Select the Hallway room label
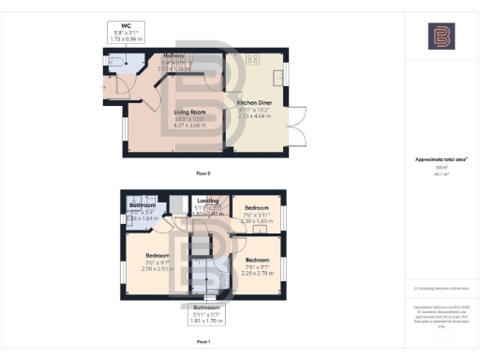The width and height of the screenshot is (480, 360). pos(174,57)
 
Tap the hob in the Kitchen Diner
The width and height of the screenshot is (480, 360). pos(251,59)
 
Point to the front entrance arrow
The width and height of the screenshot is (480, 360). pos(102,88)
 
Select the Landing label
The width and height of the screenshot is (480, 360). pos(209,200)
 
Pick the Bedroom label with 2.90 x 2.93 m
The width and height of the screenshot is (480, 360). pos(157,256)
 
